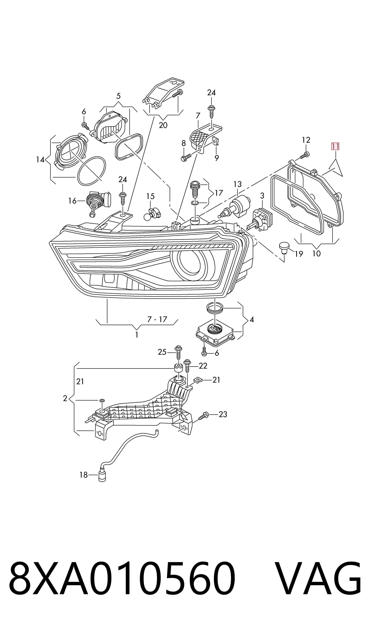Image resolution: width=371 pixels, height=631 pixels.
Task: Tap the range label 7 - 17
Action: coord(157,319)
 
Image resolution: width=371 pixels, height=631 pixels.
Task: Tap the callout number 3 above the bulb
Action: coord(262,196)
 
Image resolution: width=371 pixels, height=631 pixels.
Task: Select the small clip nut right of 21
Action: coord(198,380)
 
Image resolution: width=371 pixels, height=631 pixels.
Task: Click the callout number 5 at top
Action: coord(119,96)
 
